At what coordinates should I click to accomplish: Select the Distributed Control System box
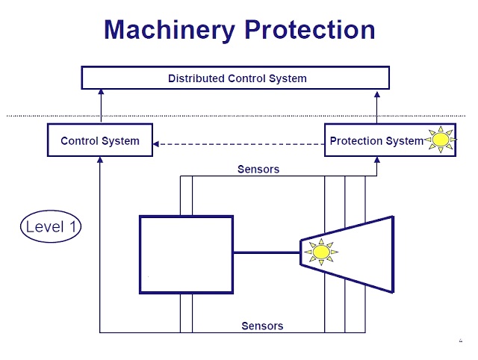pos(235,78)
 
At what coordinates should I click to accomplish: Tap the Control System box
pos(99,140)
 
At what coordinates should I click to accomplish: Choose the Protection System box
pos(371,140)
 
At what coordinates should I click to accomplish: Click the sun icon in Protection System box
pos(440,140)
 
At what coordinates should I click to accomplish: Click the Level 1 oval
pos(50,226)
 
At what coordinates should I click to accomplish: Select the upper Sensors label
pos(258,170)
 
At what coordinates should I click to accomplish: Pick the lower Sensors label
pos(262,326)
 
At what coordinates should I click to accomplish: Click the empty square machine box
pos(186,254)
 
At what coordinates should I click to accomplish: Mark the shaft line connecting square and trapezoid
pos(266,253)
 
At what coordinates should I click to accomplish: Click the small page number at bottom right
pos(460,341)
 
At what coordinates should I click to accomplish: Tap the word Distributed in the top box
pos(192,78)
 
